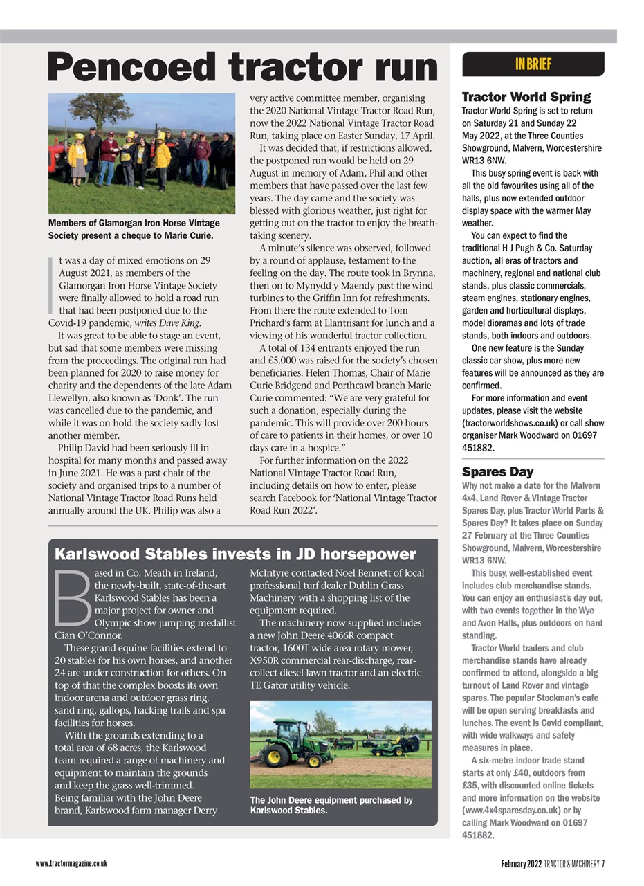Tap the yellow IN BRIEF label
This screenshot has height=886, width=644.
(533, 64)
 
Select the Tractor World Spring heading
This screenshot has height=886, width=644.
(526, 97)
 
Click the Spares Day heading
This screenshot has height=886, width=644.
(497, 472)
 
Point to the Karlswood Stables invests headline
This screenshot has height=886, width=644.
(235, 554)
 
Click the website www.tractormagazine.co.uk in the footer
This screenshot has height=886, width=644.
(71, 863)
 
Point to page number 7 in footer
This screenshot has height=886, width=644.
(603, 863)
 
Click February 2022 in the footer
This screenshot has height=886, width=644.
(522, 863)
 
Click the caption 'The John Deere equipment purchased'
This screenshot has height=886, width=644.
(331, 805)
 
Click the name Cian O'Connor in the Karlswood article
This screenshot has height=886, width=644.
(88, 635)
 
